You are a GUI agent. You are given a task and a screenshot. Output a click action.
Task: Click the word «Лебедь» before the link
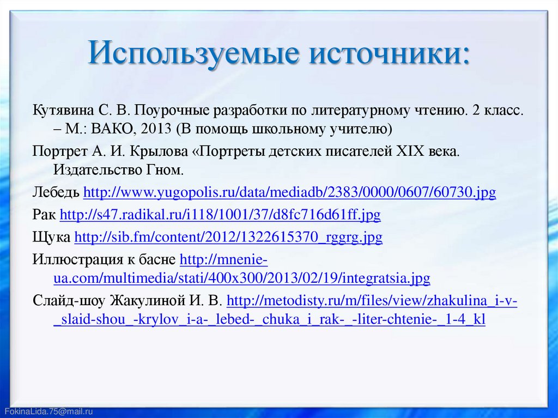pyautogui.click(x=56, y=193)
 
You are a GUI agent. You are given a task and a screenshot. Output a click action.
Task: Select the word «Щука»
pyautogui.click(x=51, y=238)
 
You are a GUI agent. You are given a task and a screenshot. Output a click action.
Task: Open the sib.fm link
pyautogui.click(x=228, y=238)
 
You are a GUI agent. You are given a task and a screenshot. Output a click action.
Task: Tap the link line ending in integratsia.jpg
pyautogui.click(x=241, y=279)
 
